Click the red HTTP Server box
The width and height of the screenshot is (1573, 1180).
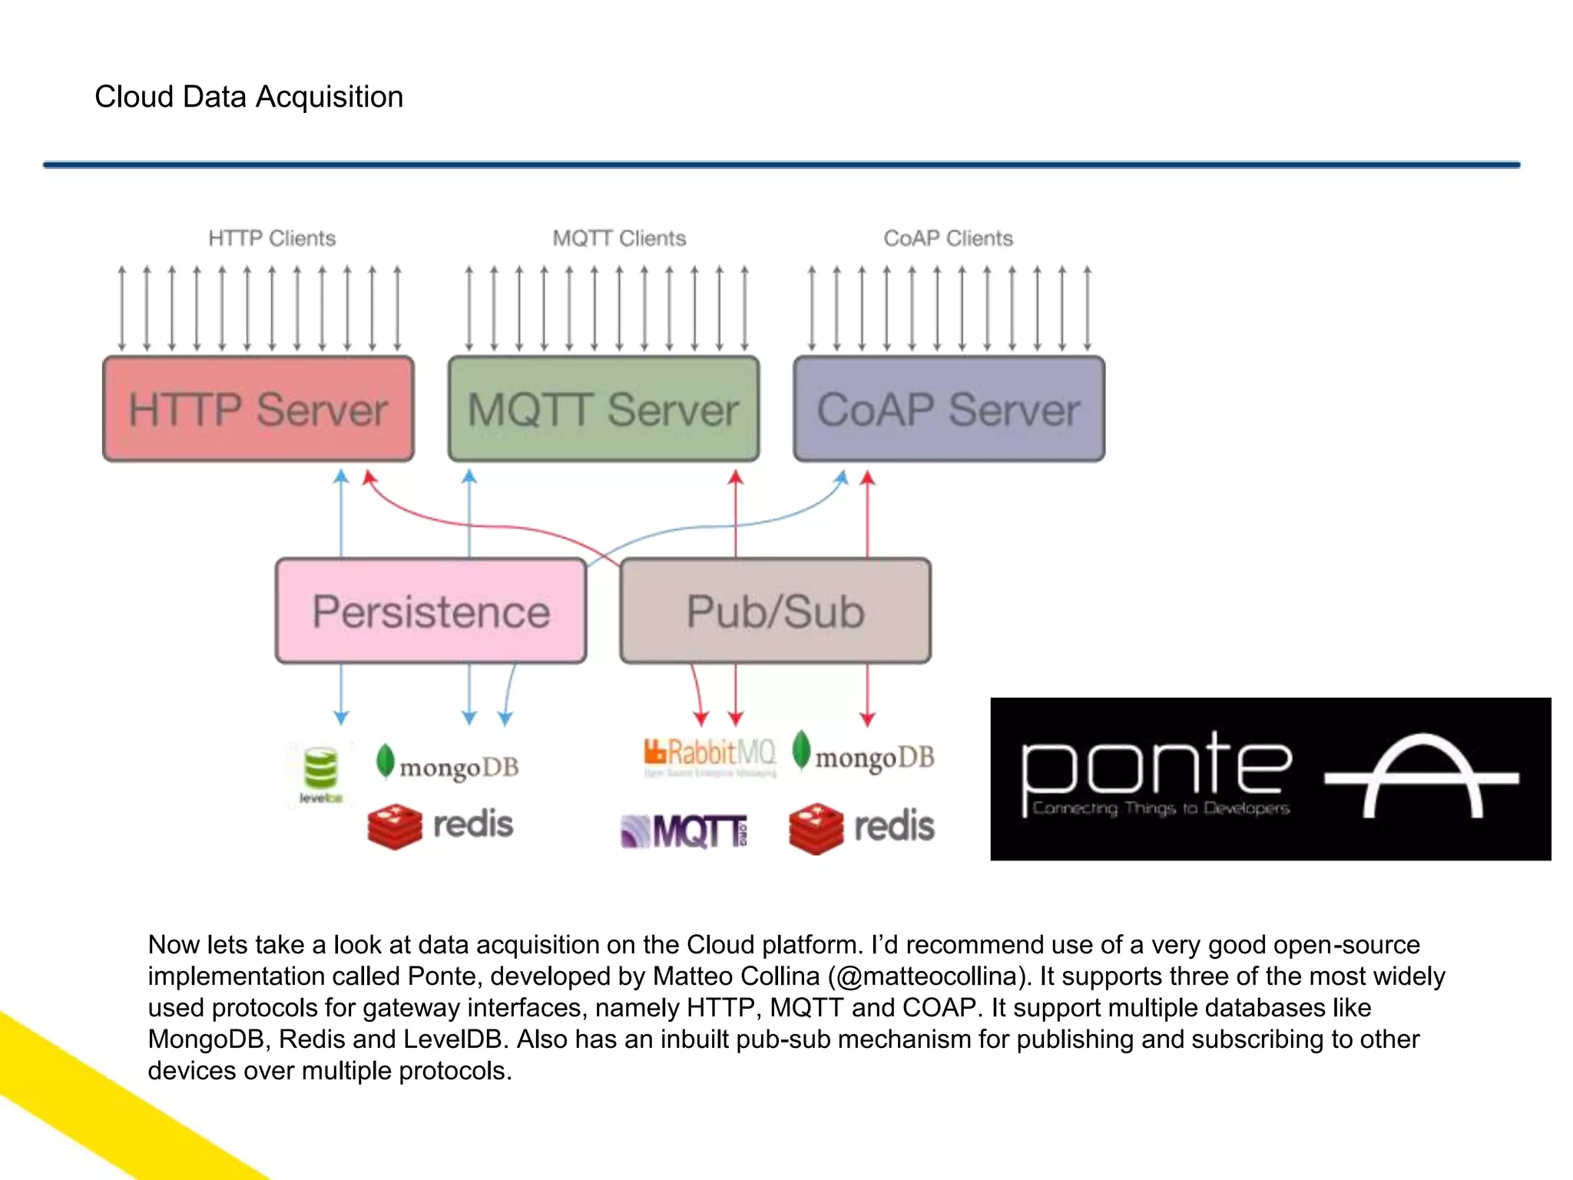[x=258, y=409]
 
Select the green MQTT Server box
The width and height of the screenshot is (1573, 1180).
[x=604, y=409]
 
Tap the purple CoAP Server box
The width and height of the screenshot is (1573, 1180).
[x=949, y=409]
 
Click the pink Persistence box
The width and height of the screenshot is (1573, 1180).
[x=431, y=611]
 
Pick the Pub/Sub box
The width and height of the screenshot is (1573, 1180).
[x=775, y=611]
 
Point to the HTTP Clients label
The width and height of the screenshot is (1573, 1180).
[x=272, y=238]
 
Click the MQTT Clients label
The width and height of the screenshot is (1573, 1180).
[x=619, y=238]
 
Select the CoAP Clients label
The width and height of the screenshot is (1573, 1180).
[x=948, y=238]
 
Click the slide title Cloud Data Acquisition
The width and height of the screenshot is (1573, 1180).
[x=248, y=97]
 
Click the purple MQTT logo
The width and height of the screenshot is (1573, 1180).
[x=684, y=830]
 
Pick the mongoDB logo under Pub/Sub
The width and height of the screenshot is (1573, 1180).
[x=863, y=754]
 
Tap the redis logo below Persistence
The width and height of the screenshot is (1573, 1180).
[x=440, y=825]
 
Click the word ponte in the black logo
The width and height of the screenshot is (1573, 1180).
[x=1156, y=768]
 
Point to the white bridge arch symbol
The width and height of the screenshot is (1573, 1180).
[x=1422, y=776]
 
